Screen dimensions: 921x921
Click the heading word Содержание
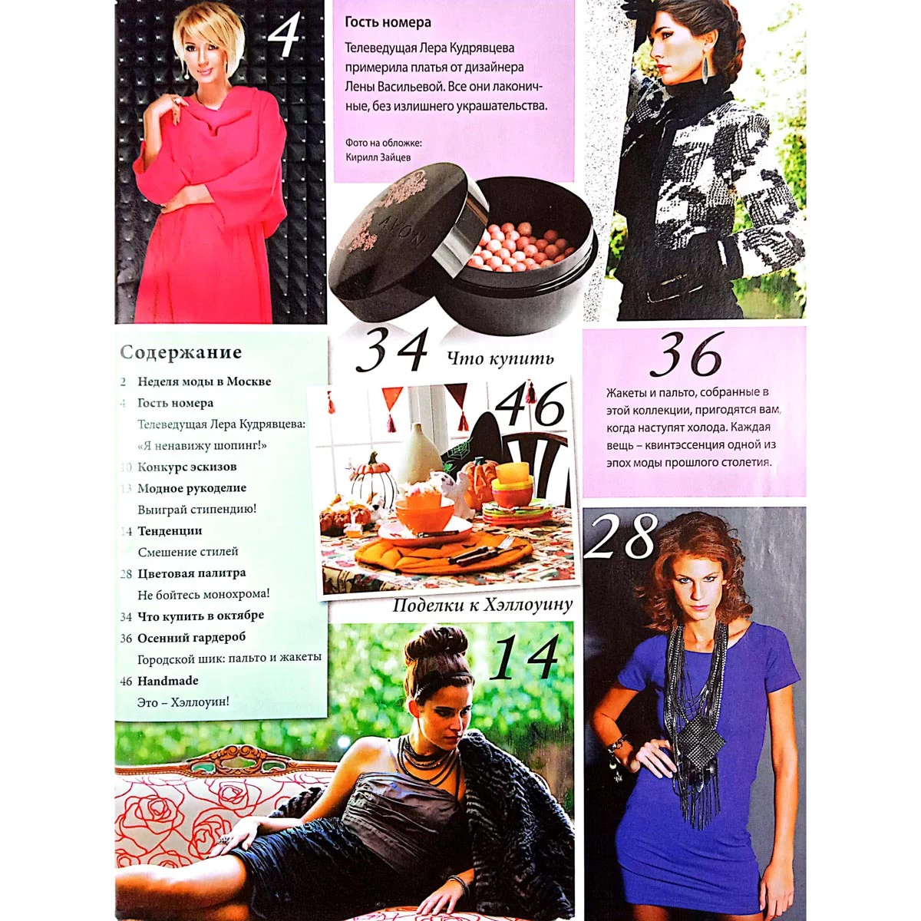coord(180,352)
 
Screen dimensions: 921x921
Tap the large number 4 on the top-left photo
coord(284,35)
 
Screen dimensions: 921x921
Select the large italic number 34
coord(391,349)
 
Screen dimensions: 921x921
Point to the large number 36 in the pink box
coord(686,355)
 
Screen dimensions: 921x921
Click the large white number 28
coord(619,536)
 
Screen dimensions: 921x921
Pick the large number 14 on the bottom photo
coord(524,657)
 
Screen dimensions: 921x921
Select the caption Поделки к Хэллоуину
coord(482,606)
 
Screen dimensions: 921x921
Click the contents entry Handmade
coord(168,681)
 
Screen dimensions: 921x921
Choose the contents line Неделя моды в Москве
coord(204,381)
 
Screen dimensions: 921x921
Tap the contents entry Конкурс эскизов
coord(187,467)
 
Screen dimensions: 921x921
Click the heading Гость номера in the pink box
coord(388,22)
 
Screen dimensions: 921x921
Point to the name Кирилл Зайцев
coord(378,157)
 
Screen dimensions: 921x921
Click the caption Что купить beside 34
coord(500,358)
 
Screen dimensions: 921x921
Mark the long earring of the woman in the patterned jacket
coord(705,65)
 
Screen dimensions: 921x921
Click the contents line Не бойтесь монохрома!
coord(203,594)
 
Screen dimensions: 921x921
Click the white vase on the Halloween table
coord(420,453)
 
